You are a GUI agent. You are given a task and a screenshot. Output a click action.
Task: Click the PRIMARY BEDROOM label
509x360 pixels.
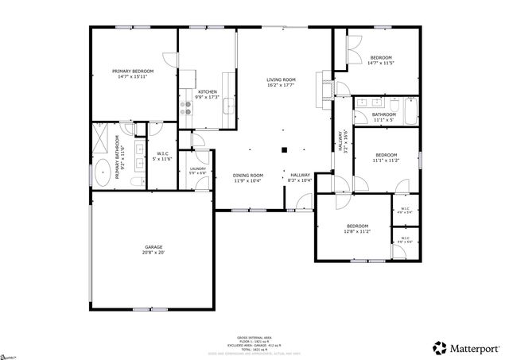[x=133, y=72]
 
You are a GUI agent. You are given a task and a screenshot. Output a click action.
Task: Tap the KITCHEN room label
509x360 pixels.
[x=208, y=91]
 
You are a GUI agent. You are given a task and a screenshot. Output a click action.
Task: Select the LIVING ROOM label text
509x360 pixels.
[x=281, y=79]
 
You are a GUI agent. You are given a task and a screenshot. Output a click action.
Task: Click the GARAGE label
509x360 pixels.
[x=153, y=247]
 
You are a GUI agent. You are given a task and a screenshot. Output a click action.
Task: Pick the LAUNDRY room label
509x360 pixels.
[x=198, y=168]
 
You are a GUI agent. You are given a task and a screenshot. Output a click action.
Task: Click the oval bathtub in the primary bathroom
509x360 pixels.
[x=103, y=173]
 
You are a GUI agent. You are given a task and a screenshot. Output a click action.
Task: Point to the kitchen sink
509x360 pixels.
[x=228, y=104]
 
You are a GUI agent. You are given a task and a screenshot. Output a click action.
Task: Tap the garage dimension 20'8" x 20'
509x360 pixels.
[x=153, y=254]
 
